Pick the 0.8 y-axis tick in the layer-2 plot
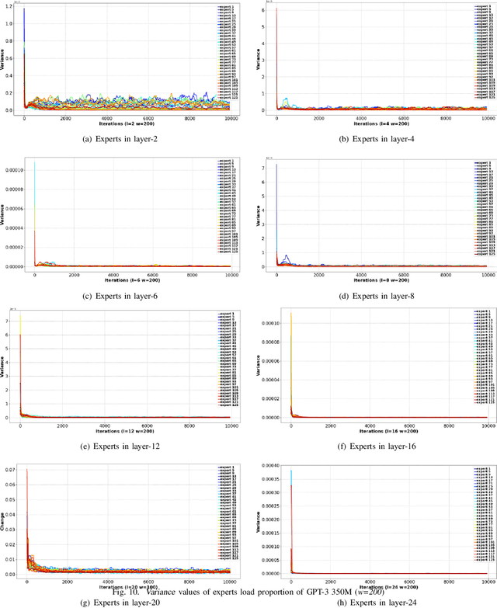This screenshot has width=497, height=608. coord(9,40)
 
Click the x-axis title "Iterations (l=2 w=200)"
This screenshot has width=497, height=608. coord(127,123)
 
